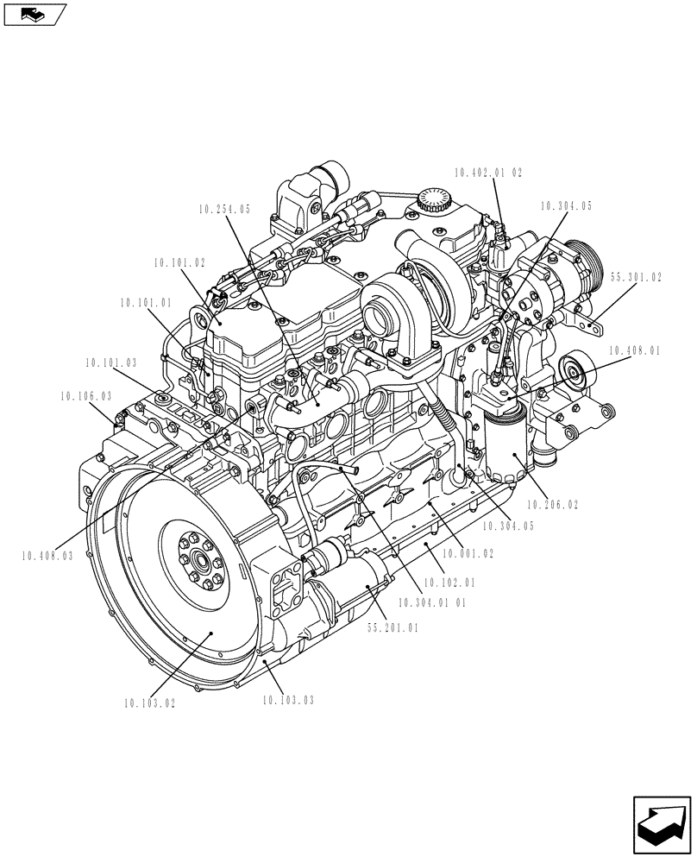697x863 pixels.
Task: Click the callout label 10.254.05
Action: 223,209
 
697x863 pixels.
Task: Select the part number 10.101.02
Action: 179,261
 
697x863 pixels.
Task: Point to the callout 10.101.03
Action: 110,363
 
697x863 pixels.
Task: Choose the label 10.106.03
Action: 85,396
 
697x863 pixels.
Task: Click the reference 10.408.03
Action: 47,556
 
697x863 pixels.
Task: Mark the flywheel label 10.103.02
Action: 149,703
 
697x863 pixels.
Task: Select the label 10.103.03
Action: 288,700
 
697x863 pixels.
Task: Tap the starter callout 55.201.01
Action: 393,628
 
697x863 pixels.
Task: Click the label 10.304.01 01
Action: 431,603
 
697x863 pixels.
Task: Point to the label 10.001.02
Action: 468,553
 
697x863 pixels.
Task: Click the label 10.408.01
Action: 634,351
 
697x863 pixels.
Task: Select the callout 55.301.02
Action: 636,278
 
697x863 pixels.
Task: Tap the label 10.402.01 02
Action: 488,173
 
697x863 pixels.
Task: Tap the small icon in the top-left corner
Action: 34,14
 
